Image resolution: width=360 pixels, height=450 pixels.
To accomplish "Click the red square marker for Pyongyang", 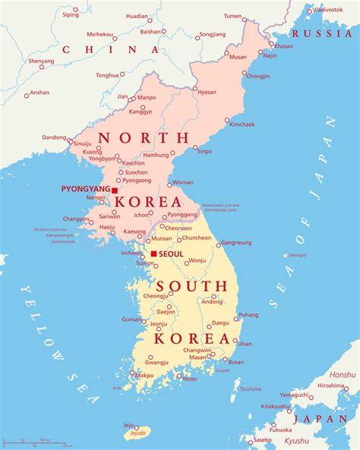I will [115, 190].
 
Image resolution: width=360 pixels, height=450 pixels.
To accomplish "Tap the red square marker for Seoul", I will [153, 253].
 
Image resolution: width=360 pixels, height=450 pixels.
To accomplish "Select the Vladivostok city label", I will [327, 10].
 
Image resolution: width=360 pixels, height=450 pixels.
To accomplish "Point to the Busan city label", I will [236, 362].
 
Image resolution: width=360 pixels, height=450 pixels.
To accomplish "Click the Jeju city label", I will [129, 426].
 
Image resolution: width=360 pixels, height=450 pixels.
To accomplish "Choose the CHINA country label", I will [100, 49].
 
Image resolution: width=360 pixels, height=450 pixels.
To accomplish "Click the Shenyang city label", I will [41, 61].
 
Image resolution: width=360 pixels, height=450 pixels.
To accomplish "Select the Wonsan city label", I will [183, 183].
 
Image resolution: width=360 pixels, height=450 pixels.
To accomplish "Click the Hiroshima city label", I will [332, 385].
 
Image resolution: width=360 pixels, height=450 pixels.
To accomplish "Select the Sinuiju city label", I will [82, 143].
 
